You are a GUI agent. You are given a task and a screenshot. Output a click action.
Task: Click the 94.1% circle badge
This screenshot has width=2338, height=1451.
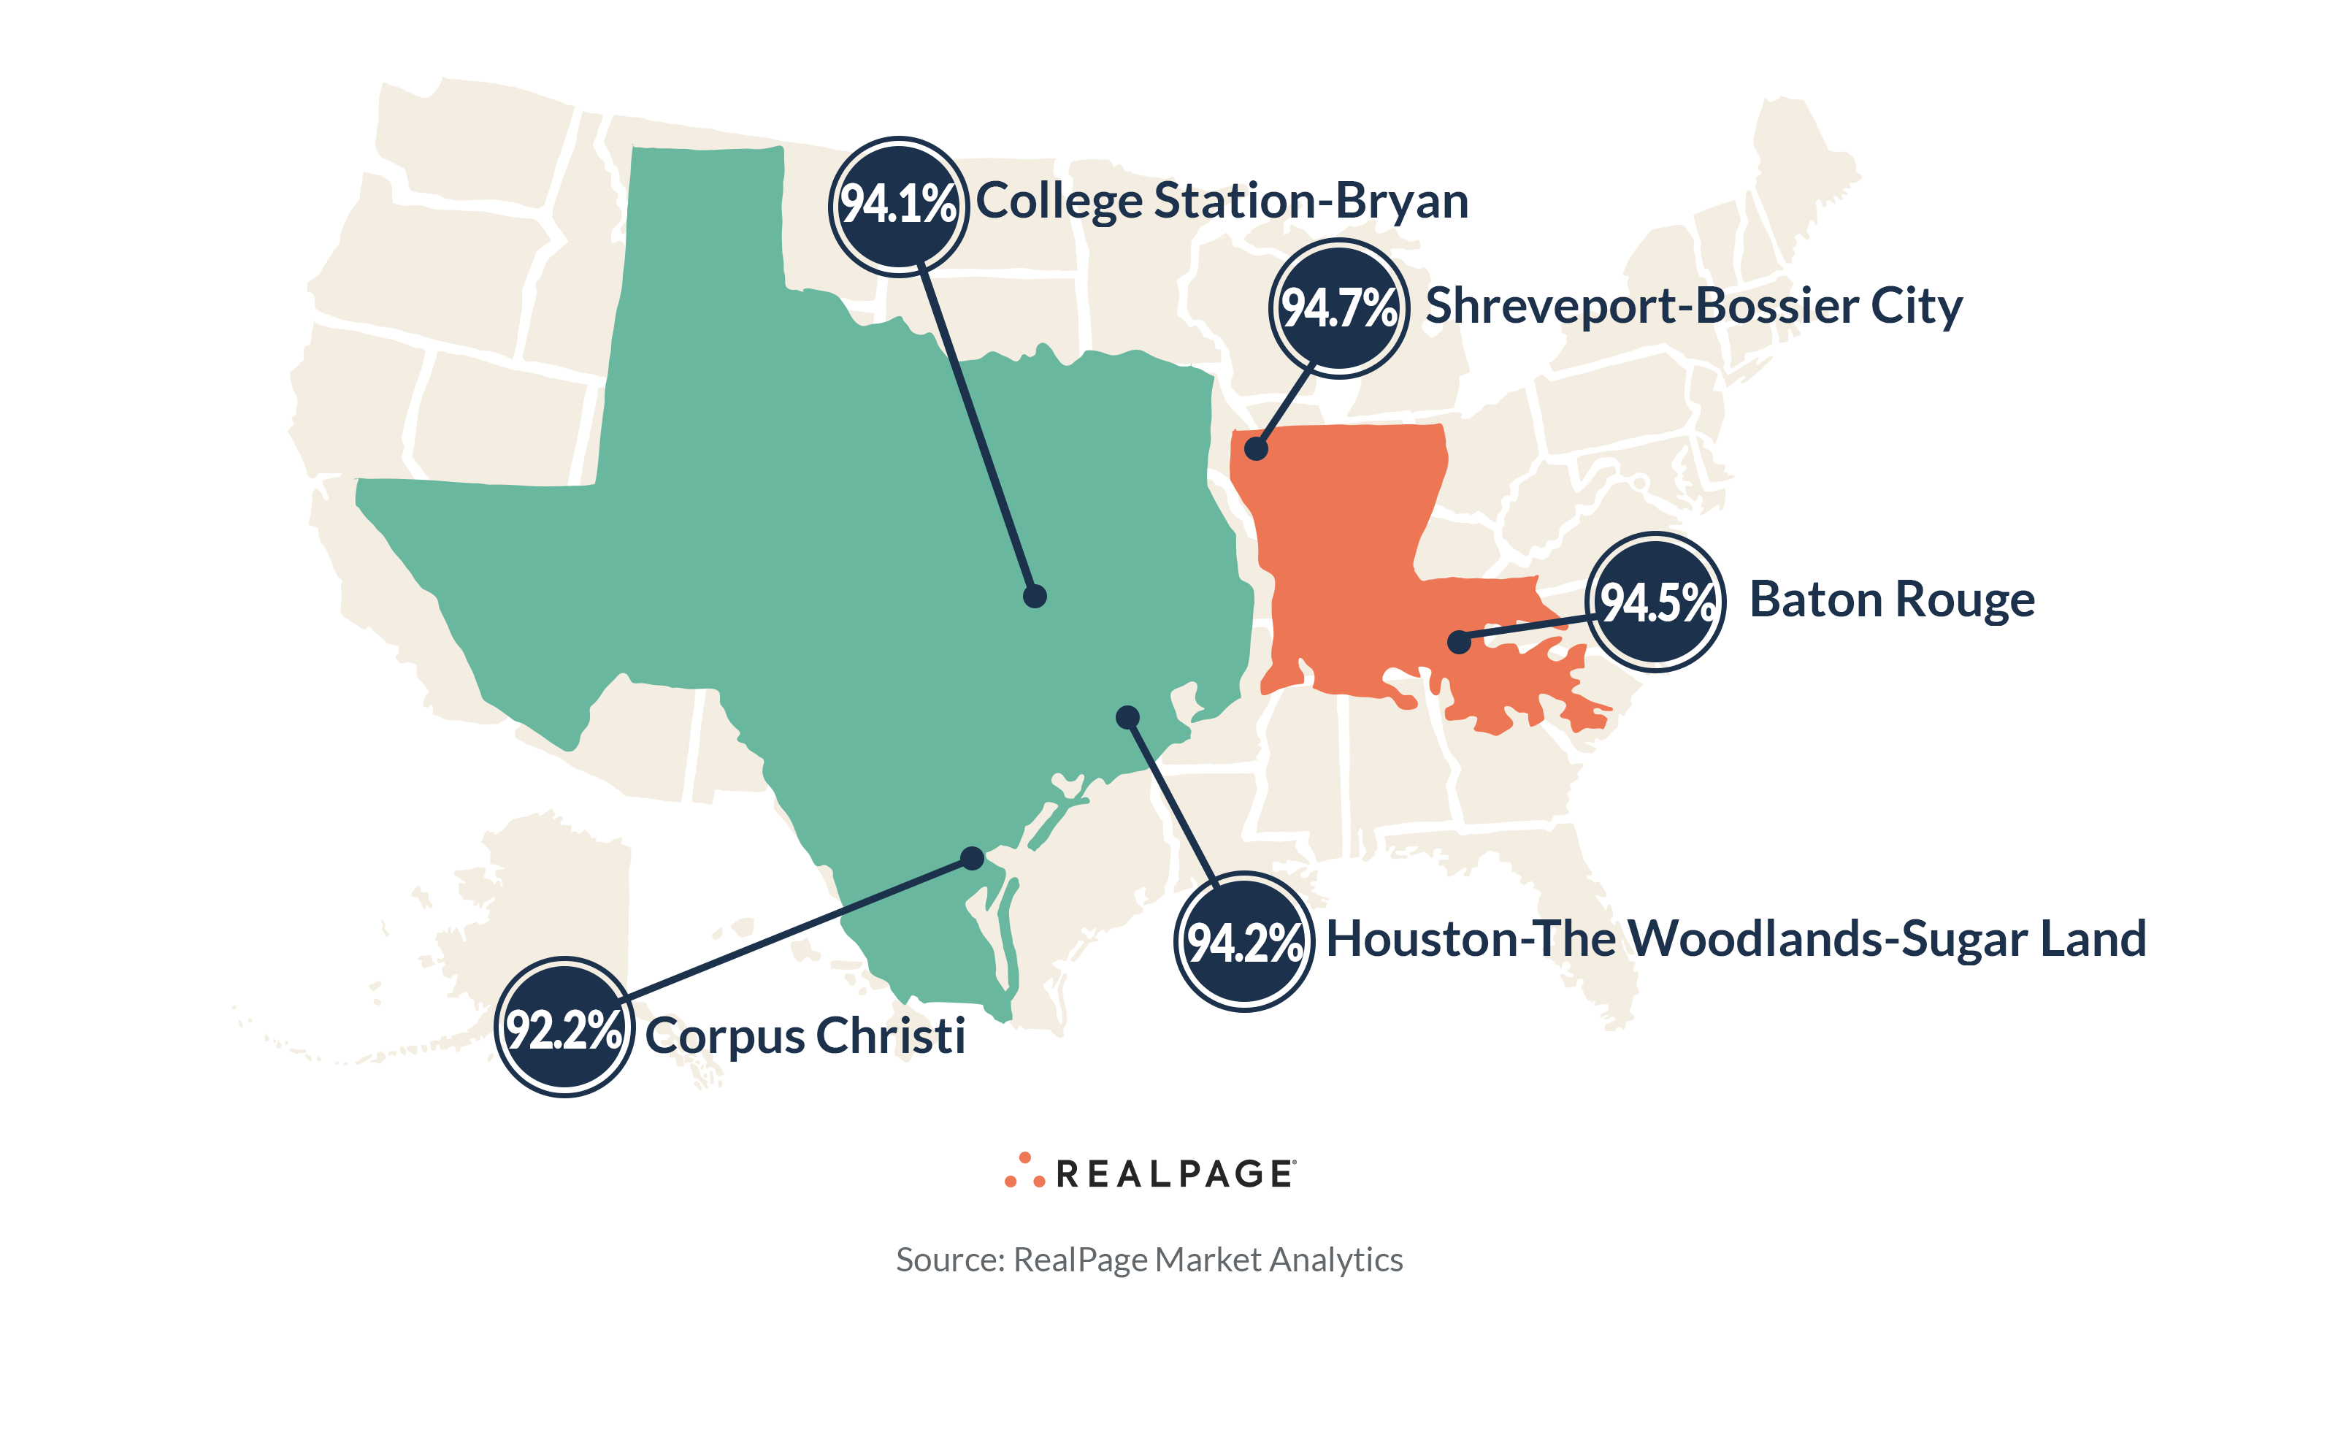point(898,205)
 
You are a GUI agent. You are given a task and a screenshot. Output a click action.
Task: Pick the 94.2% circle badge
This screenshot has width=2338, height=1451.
point(1243,941)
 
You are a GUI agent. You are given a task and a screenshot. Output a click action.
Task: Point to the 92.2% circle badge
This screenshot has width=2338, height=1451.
point(564,1027)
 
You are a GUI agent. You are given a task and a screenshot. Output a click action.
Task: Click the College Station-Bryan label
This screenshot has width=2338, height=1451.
point(1222,202)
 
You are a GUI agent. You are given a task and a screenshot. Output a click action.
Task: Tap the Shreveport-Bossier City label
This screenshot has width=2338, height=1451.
point(1693,306)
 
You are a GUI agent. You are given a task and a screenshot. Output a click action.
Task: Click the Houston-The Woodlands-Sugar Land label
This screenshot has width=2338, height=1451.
point(1735,938)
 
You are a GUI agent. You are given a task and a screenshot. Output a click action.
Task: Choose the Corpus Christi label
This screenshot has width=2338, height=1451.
point(804,1035)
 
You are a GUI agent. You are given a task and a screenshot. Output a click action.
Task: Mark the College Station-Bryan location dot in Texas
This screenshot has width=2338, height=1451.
point(1034,596)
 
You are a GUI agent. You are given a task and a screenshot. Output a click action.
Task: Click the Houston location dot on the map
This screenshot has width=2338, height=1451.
point(1127,717)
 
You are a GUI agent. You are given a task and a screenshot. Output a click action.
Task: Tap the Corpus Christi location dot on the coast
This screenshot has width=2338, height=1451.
point(972,858)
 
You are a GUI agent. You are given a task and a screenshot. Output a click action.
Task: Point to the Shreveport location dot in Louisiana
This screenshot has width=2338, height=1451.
point(1256,448)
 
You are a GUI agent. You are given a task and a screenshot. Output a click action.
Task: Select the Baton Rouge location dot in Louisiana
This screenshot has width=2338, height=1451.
point(1458,641)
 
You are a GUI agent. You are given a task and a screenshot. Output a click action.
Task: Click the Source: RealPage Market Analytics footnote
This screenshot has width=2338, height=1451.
point(1149,1259)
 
